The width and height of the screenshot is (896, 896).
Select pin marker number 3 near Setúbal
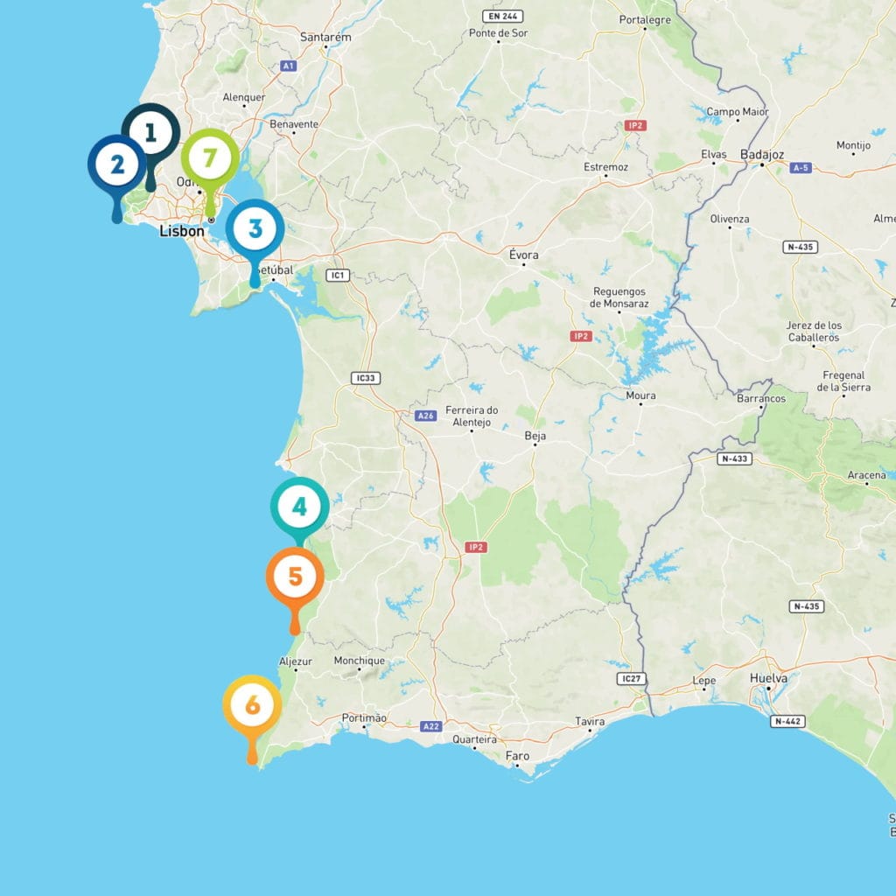click(255, 229)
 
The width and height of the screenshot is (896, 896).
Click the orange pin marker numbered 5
click(295, 577)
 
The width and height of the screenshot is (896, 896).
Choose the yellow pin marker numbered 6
click(252, 705)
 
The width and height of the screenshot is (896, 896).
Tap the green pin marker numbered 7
click(210, 158)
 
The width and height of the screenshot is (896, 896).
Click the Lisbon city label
click(182, 232)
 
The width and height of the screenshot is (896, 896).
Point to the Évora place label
click(524, 255)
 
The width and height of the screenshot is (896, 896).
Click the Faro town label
click(517, 755)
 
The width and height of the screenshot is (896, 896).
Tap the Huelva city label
click(769, 678)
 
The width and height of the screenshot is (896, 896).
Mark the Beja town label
click(535, 435)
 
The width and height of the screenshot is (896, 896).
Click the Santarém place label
click(325, 38)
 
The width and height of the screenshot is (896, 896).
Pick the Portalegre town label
click(644, 19)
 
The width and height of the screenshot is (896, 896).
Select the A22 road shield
click(430, 726)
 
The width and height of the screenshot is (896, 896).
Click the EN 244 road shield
click(504, 16)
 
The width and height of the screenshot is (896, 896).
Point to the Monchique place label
click(359, 661)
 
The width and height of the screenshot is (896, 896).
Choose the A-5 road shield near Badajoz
click(799, 166)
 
